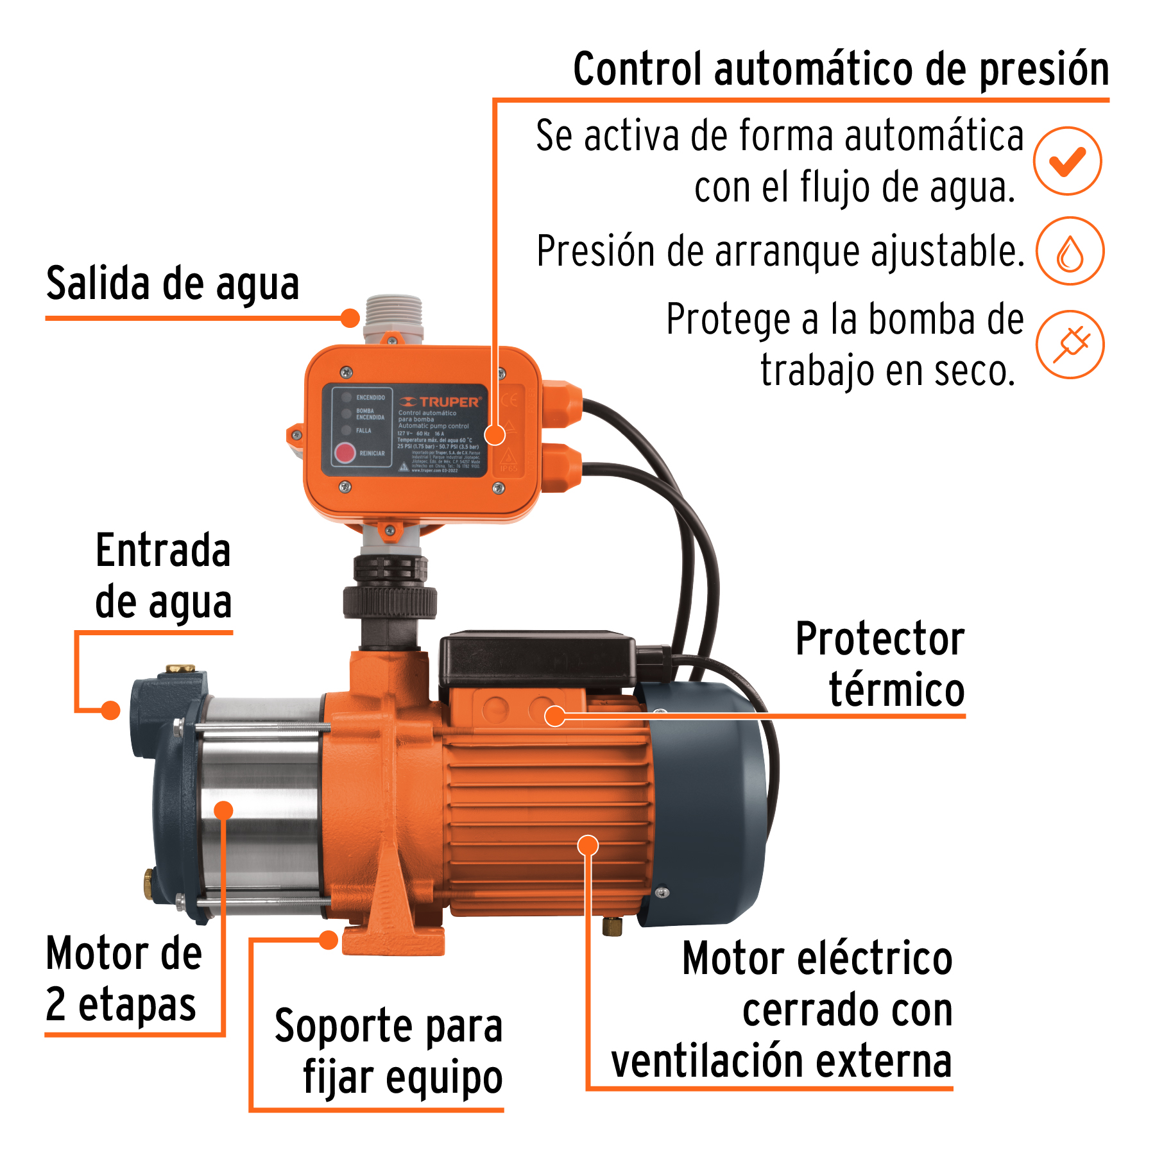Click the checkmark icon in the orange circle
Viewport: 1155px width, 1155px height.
pyautogui.click(x=1067, y=161)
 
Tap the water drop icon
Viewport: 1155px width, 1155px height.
pyautogui.click(x=1070, y=252)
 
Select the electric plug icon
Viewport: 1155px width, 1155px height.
pyautogui.click(x=1070, y=345)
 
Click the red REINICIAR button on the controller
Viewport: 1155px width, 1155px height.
pyautogui.click(x=345, y=453)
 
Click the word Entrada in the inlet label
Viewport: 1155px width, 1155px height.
pyautogui.click(x=163, y=551)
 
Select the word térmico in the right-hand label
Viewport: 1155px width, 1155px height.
pyautogui.click(x=896, y=690)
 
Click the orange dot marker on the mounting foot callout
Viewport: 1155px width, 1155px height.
pyautogui.click(x=329, y=941)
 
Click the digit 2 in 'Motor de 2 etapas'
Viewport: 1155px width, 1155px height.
pyautogui.click(x=56, y=1004)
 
